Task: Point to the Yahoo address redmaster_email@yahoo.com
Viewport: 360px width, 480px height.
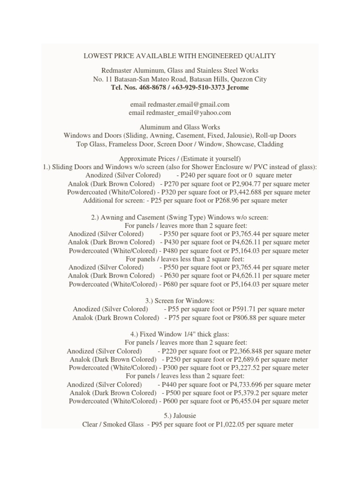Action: (x=188, y=113)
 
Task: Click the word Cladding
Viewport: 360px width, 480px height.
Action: (x=268, y=144)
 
